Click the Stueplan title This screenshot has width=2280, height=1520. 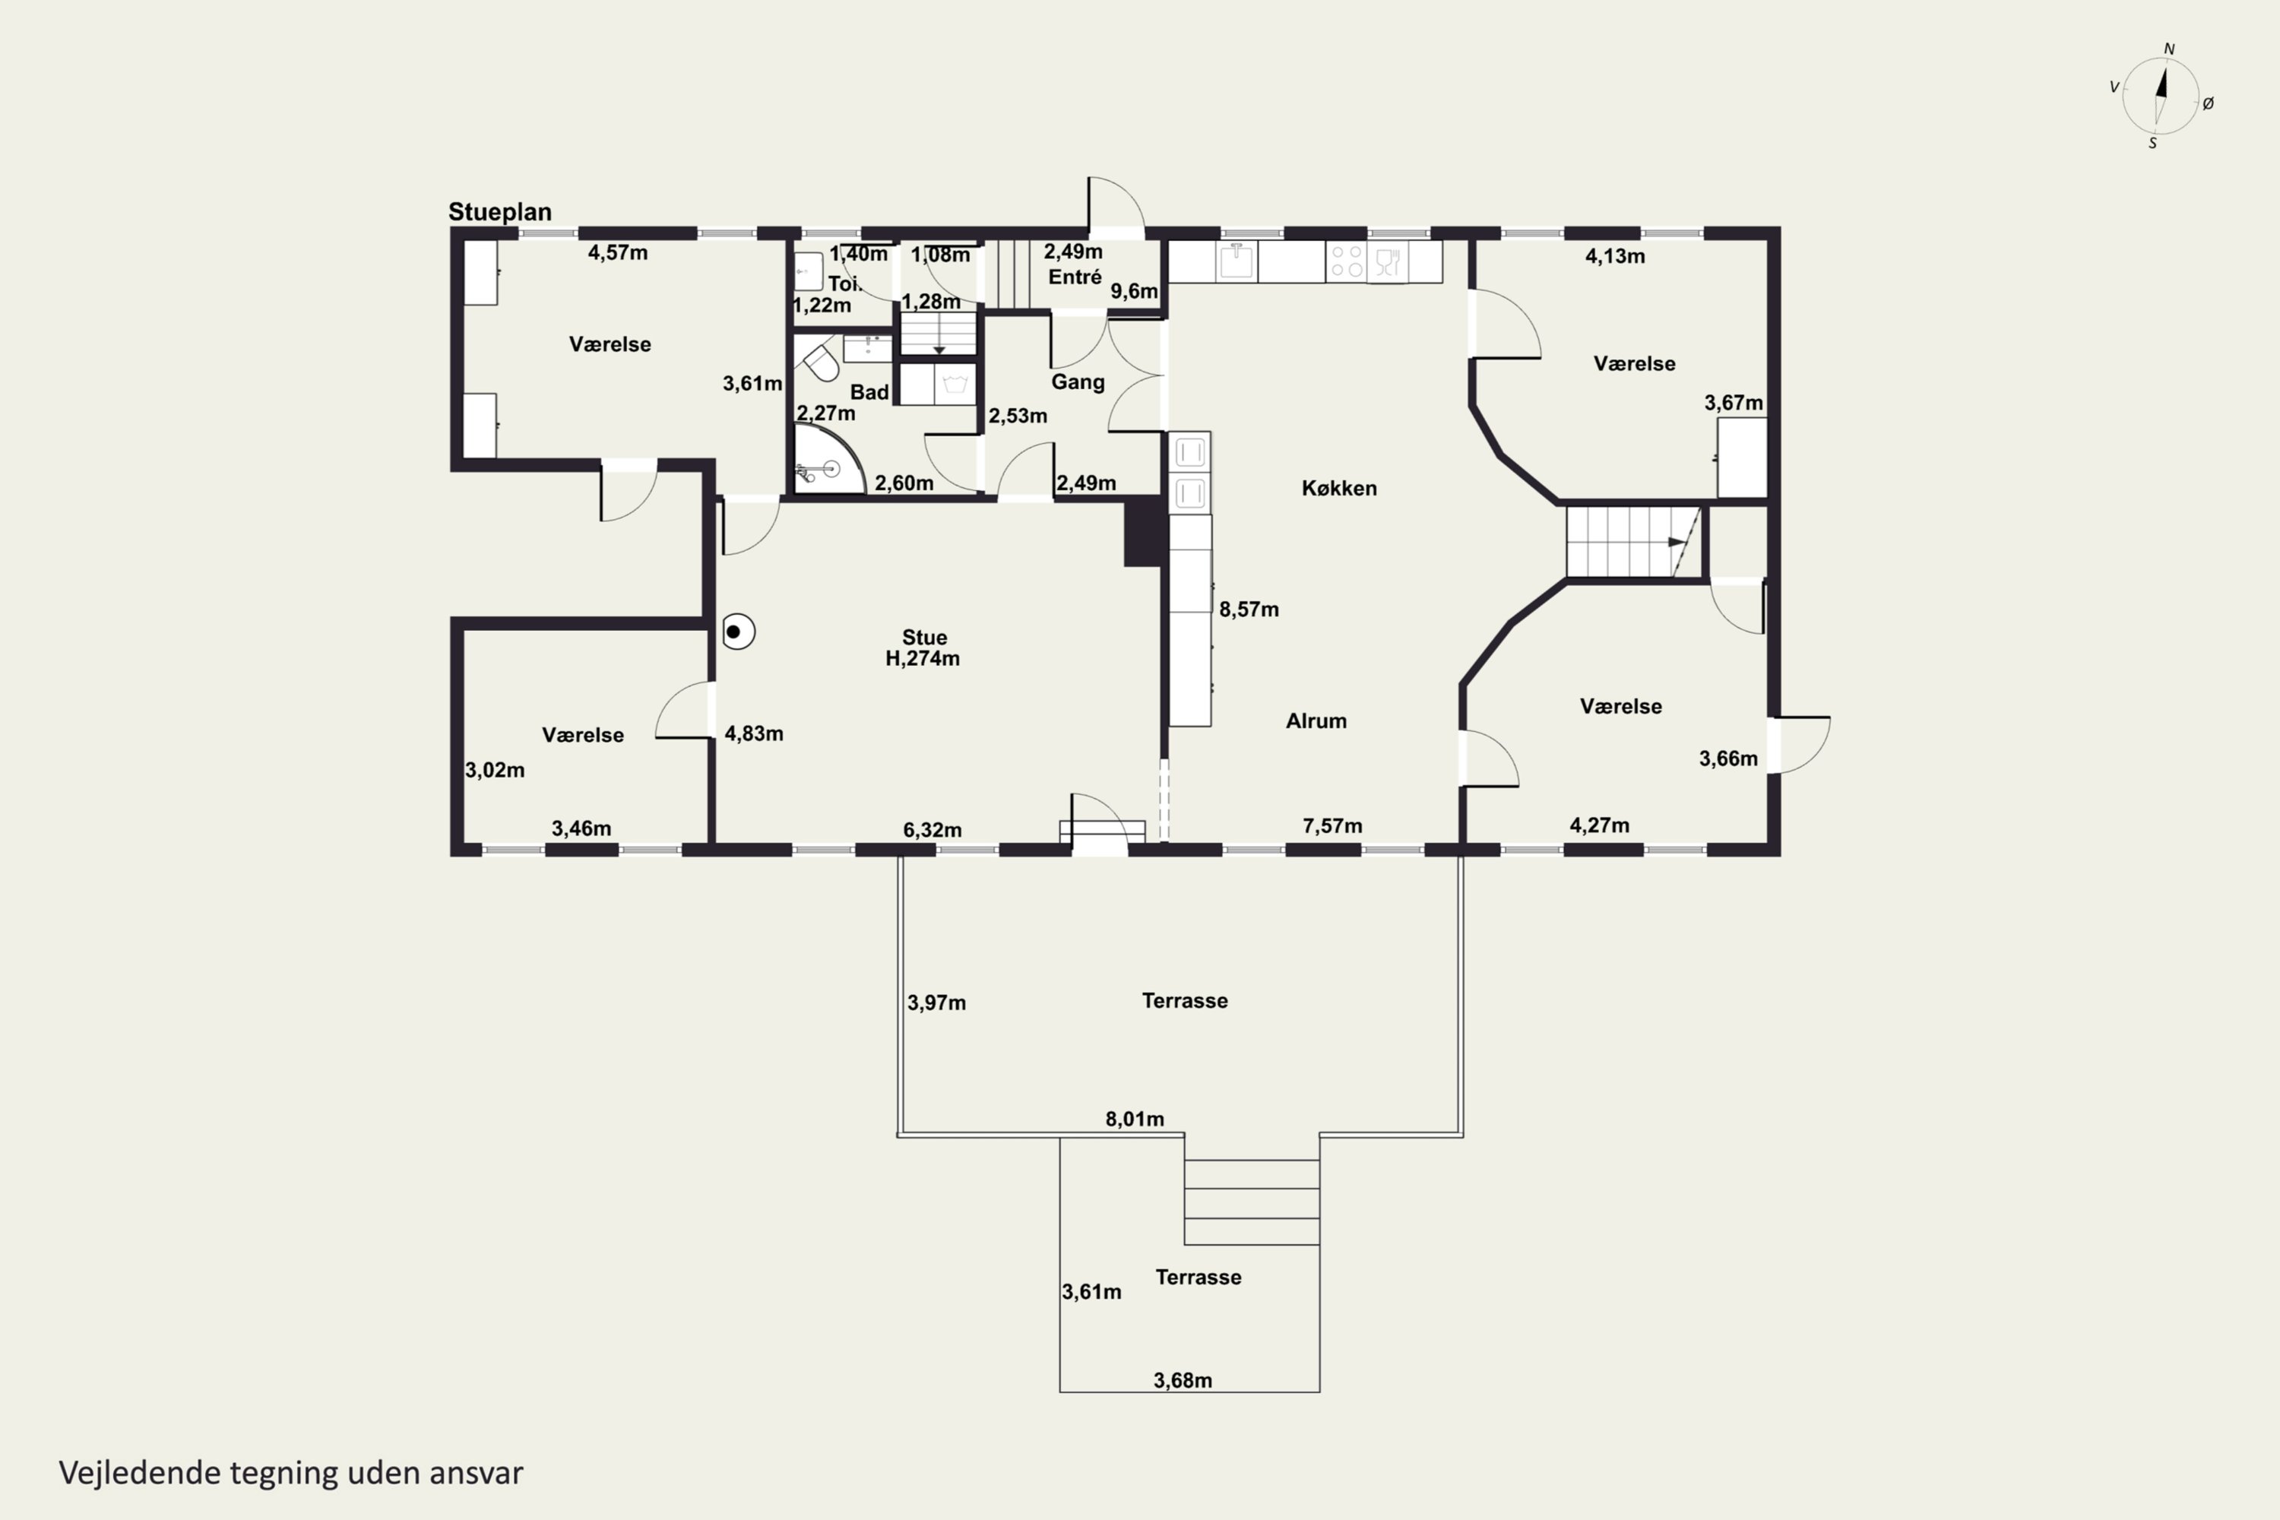click(x=499, y=211)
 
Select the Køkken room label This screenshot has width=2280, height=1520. click(x=1338, y=488)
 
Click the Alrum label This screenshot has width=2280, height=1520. click(x=1316, y=720)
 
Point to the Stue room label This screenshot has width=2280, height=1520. click(x=924, y=637)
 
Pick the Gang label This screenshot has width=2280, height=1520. click(x=1078, y=382)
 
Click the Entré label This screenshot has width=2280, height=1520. click(x=1074, y=277)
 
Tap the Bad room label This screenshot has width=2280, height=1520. click(x=869, y=391)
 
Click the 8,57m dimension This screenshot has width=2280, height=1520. click(x=1249, y=609)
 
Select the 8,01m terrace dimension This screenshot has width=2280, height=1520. click(x=1134, y=1119)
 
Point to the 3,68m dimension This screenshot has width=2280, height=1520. click(x=1183, y=1379)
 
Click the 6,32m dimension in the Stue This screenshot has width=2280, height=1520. click(x=932, y=829)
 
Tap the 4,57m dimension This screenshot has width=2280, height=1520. click(x=617, y=252)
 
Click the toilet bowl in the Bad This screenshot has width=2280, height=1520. click(x=820, y=360)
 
